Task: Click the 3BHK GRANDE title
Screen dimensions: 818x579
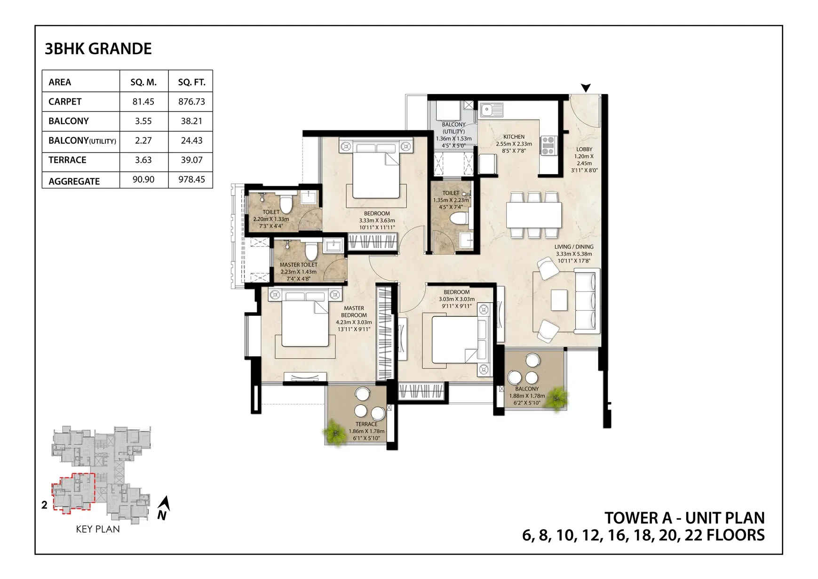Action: [x=98, y=49]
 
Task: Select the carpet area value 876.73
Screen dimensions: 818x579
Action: [x=191, y=102]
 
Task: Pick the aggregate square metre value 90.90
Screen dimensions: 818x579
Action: [x=143, y=179]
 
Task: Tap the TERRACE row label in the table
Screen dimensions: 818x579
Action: [x=67, y=160]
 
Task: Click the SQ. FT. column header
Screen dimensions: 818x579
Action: [x=191, y=82]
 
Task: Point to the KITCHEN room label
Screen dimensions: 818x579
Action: [x=514, y=137]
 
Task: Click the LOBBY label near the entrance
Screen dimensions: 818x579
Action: [x=584, y=150]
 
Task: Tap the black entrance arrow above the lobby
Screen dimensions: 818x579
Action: [x=586, y=88]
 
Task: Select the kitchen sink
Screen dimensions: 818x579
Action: [x=492, y=110]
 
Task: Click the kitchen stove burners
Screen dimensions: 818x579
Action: [x=548, y=145]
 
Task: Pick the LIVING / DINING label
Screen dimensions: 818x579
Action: [x=574, y=247]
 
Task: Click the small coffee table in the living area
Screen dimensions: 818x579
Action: [x=559, y=300]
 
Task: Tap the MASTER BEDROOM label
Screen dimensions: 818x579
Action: [x=354, y=312]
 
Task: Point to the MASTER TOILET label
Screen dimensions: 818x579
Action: [x=299, y=265]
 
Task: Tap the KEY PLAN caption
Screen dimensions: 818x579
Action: [x=98, y=529]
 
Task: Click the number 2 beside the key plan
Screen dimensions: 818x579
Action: [x=44, y=505]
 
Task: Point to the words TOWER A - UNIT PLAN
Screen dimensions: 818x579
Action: [x=684, y=518]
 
